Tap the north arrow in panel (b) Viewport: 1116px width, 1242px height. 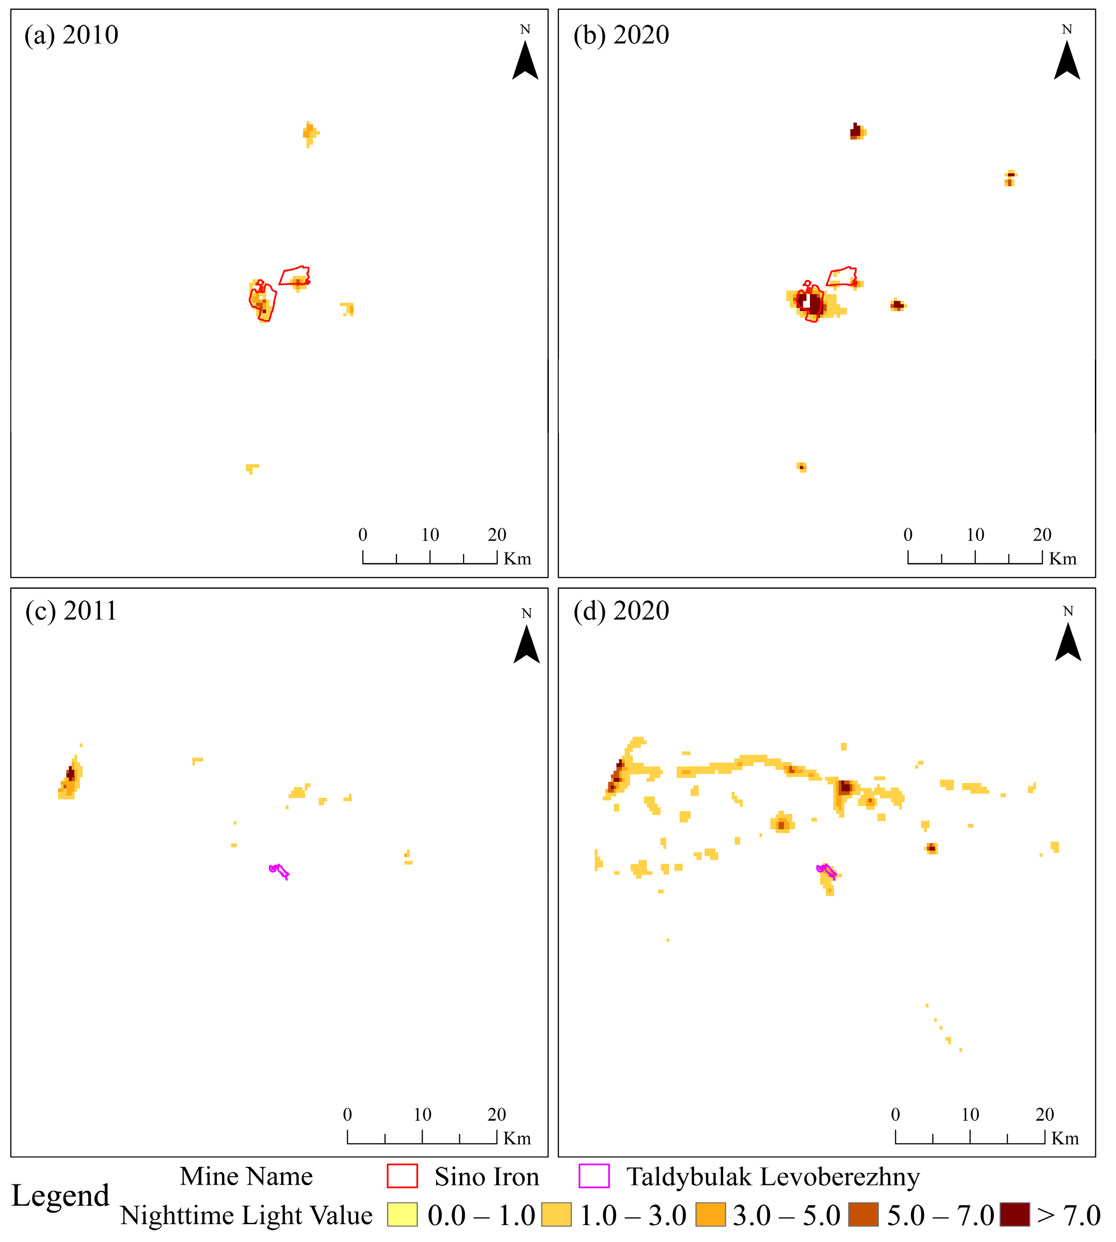coord(1067,60)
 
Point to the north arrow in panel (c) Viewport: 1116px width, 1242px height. coord(527,644)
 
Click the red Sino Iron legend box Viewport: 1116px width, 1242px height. coord(402,1176)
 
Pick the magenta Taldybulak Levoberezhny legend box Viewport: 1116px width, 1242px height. coord(593,1176)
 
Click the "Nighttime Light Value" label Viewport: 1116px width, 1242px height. coord(246,1216)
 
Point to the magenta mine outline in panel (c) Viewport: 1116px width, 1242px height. coord(279,870)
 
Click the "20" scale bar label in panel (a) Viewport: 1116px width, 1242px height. coord(497,534)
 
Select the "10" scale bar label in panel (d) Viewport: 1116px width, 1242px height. coord(970,1114)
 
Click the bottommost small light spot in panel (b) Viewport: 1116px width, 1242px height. coord(801,467)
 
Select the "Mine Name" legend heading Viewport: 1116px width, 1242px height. coord(246,1176)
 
